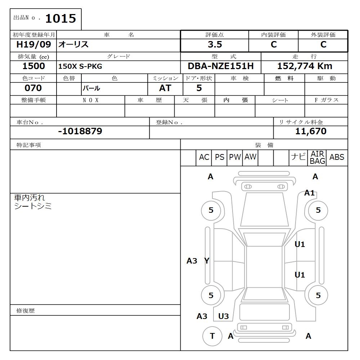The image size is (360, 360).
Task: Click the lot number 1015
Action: [60, 18]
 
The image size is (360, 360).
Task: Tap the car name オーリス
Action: [73, 45]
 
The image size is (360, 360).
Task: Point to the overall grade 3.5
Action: [215, 45]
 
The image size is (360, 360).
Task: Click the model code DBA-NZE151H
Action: [221, 66]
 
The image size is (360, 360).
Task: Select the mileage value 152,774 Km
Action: [305, 66]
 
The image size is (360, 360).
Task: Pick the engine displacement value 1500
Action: [33, 66]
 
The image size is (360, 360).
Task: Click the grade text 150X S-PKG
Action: [80, 67]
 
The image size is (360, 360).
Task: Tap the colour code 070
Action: [33, 88]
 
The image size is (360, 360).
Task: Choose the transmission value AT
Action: [165, 88]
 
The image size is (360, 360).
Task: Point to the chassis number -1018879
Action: [80, 131]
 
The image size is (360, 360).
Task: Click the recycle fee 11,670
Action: [311, 131]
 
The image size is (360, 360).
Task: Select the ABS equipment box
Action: [337, 157]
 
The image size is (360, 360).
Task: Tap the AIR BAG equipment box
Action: [318, 158]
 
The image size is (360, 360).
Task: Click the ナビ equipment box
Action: [298, 157]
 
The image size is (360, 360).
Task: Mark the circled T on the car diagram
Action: [212, 336]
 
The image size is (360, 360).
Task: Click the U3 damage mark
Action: [224, 316]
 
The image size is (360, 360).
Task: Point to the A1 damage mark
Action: [310, 193]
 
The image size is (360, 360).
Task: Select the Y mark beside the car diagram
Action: [207, 261]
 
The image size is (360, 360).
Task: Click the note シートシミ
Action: [33, 206]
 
